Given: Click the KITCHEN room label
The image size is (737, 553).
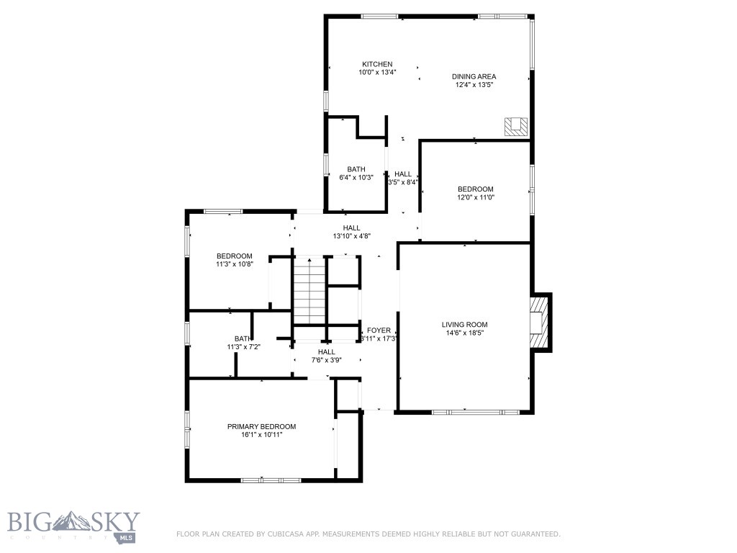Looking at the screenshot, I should click(x=377, y=64).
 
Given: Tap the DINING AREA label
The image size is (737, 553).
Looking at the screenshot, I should click(x=474, y=76).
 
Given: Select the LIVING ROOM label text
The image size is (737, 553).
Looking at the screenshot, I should click(x=464, y=325).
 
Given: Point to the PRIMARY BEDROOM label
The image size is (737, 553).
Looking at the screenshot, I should click(x=261, y=426).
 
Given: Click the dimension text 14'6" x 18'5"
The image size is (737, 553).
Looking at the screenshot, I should click(x=464, y=333).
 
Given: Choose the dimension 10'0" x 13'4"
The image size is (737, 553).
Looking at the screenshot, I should click(x=377, y=72).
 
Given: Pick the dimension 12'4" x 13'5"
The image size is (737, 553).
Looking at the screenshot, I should click(x=474, y=85).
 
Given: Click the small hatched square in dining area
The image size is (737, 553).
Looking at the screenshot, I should click(x=515, y=126).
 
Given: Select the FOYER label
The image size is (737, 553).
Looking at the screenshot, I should click(x=379, y=331).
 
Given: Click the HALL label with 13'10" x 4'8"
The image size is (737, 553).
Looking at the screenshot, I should click(x=351, y=228).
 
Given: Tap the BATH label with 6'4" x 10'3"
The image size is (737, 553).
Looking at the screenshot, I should click(x=356, y=169).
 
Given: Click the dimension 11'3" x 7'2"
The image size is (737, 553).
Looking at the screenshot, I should click(x=243, y=346).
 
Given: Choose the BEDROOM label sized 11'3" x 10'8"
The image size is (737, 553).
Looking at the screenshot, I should click(x=235, y=256).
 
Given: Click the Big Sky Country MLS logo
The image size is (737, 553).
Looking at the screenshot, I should click(x=73, y=526).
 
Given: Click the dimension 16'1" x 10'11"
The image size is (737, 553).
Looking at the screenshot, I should click(x=261, y=434).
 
